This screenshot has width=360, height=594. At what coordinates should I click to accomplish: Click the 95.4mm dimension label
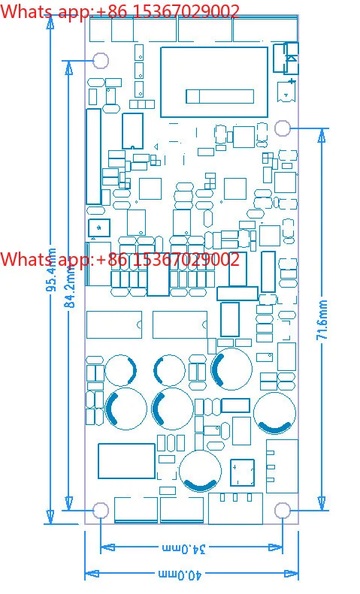52,270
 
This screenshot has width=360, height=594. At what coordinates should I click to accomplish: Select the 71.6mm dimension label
322,319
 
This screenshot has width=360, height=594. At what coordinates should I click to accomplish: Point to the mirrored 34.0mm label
184,548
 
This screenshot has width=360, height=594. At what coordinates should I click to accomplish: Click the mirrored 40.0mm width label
180,574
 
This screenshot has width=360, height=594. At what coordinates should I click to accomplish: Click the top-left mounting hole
101,60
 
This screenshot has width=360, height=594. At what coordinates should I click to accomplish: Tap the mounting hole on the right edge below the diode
283,128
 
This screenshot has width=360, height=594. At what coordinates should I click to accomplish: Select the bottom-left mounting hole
101,511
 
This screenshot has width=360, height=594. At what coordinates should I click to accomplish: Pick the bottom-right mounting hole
283,511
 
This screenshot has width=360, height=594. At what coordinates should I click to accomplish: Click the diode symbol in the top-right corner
292,58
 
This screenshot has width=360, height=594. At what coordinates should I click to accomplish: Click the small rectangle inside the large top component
219,96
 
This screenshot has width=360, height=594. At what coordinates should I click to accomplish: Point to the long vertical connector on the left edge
94,156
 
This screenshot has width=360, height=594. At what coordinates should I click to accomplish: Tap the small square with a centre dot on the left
99,228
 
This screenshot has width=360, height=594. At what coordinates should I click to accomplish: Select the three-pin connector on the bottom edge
235,508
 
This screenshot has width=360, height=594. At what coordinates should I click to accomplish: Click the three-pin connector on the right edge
282,466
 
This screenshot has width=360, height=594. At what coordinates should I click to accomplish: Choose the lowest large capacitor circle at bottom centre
200,471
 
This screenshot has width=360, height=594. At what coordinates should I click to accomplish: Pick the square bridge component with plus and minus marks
242,472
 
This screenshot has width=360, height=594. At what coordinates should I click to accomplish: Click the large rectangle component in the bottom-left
126,461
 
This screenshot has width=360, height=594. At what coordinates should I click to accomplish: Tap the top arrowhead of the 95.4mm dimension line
50,22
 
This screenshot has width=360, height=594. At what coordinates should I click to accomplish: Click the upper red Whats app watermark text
119,11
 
